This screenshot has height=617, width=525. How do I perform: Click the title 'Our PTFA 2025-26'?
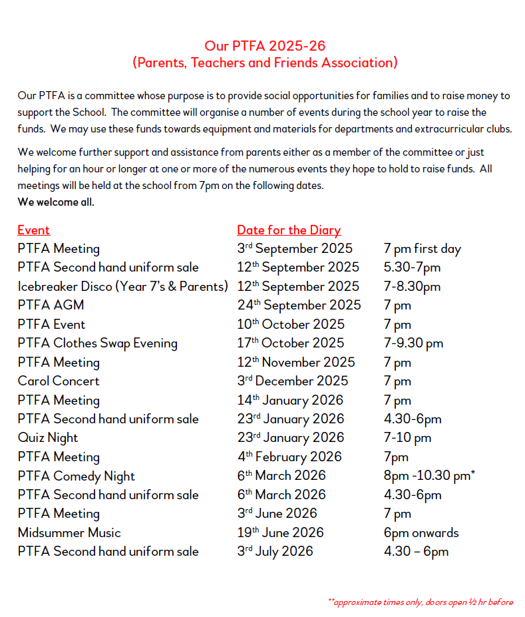[265, 46]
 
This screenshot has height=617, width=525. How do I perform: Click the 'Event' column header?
[34, 230]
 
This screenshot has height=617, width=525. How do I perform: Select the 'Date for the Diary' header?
[289, 230]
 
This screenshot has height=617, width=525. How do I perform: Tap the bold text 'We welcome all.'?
[56, 202]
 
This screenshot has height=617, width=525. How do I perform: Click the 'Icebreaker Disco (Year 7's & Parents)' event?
[123, 287]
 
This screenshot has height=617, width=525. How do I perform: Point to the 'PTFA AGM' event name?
[51, 306]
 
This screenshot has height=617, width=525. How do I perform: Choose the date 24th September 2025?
[299, 306]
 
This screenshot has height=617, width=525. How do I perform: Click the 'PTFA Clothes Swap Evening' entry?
[98, 343]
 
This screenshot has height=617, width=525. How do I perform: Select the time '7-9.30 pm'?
[413, 343]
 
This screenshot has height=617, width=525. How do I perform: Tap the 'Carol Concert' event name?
[59, 381]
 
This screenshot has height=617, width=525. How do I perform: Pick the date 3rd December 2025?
[292, 381]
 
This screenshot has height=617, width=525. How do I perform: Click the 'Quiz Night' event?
[48, 438]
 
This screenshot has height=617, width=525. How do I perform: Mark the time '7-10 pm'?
[407, 438]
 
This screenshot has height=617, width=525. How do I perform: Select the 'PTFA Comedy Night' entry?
[77, 476]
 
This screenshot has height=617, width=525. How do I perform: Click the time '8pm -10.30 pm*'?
[430, 476]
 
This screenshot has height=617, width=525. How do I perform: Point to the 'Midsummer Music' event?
[70, 533]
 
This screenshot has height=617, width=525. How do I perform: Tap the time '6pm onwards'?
[421, 533]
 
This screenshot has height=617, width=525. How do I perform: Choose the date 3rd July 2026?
[275, 552]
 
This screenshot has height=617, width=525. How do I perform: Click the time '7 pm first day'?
[422, 249]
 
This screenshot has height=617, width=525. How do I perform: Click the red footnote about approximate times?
[421, 602]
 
